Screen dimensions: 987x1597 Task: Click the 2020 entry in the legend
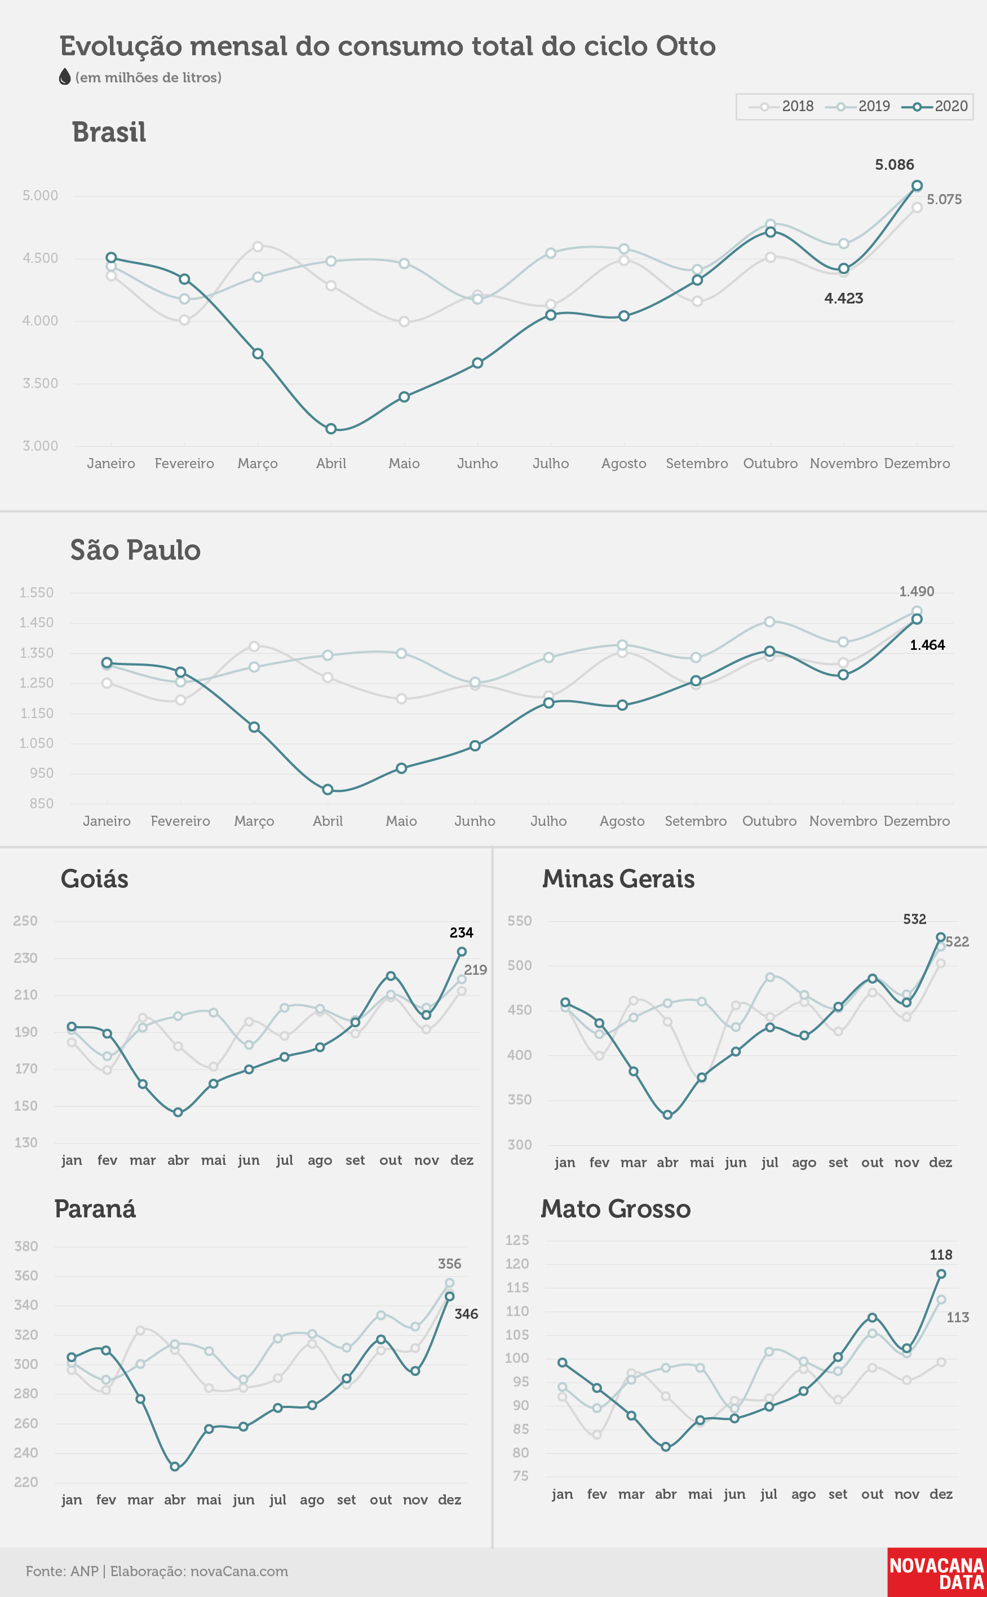point(935,107)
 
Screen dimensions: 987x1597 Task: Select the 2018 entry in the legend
point(781,107)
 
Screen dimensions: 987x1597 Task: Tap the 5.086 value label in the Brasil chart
point(895,165)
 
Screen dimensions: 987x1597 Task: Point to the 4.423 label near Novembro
point(843,298)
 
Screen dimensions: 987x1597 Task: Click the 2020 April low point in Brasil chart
point(331,429)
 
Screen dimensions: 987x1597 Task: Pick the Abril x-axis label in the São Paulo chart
point(327,821)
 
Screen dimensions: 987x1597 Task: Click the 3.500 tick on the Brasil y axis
point(41,384)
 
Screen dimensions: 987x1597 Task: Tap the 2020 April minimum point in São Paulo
point(327,790)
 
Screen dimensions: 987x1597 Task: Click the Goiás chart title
point(95,879)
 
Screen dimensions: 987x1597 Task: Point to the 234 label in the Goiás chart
point(462,932)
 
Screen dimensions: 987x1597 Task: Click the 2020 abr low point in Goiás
point(178,1112)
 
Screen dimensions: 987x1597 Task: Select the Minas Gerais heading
point(618,878)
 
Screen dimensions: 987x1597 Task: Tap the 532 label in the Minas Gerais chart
point(914,919)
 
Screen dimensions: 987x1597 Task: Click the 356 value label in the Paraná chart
point(449,1264)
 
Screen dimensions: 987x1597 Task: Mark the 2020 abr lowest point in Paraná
point(175,1466)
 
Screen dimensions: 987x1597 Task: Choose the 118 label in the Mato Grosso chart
point(941,1255)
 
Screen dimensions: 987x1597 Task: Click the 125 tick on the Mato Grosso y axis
point(517,1240)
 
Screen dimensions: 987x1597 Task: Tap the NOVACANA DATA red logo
point(937,1572)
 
